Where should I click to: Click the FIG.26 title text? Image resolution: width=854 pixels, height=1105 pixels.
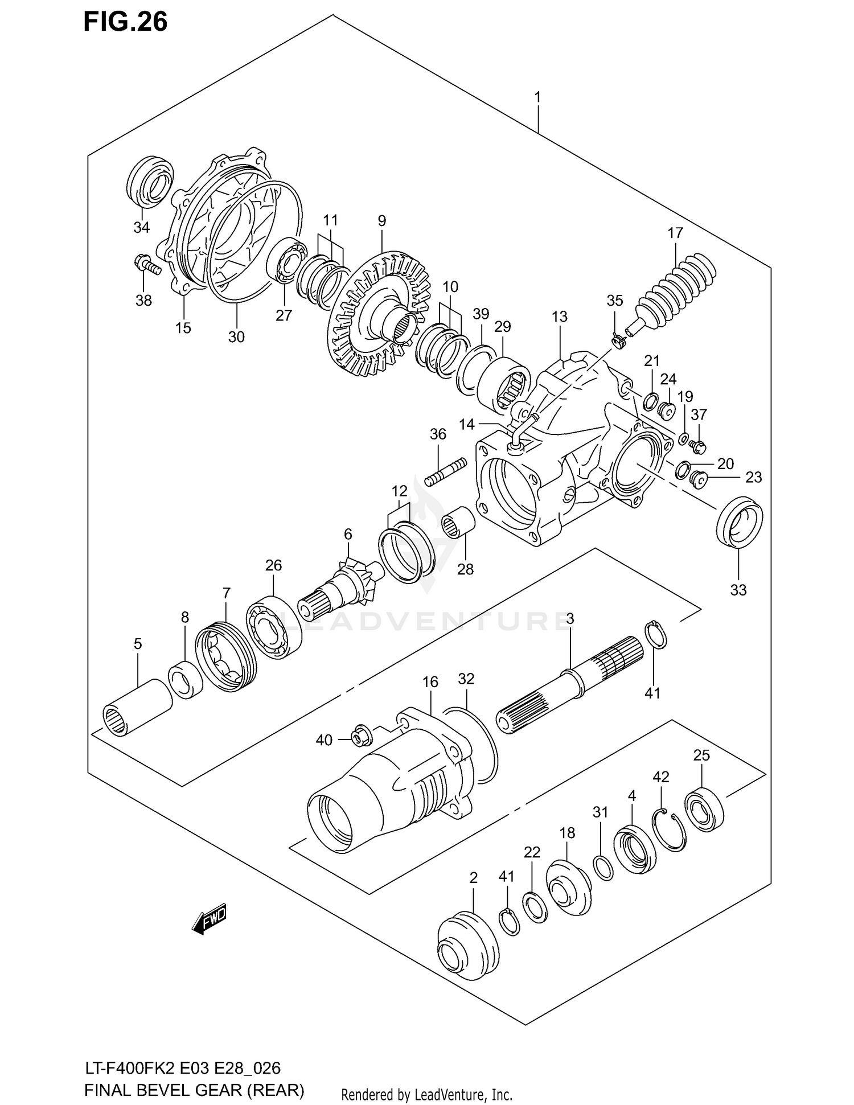pos(125,22)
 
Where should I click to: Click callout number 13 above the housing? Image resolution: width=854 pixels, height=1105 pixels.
pos(559,317)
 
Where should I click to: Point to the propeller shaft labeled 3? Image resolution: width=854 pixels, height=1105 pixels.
pos(569,680)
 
